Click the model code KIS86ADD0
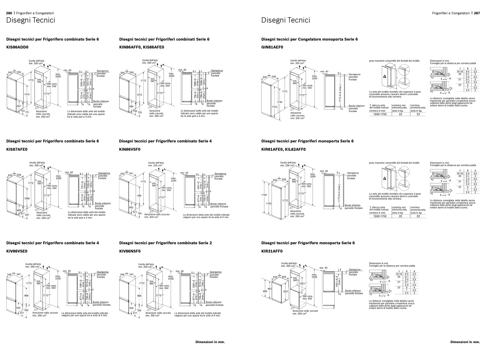(x=17, y=47)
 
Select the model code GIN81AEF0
(x=272, y=47)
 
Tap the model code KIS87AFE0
(x=17, y=149)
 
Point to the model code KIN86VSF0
(x=130, y=149)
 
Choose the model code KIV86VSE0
(x=17, y=251)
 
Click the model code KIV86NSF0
(x=130, y=251)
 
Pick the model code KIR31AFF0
(x=272, y=251)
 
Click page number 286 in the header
(x=9, y=13)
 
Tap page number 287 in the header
(x=477, y=13)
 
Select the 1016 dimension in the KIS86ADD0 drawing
(x=27, y=94)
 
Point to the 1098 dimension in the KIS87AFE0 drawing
(x=27, y=198)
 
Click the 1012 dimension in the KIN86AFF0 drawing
(x=139, y=95)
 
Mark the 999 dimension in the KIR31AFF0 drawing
(x=265, y=291)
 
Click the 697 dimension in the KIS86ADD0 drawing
(x=19, y=106)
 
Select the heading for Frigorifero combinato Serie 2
(x=165, y=243)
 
